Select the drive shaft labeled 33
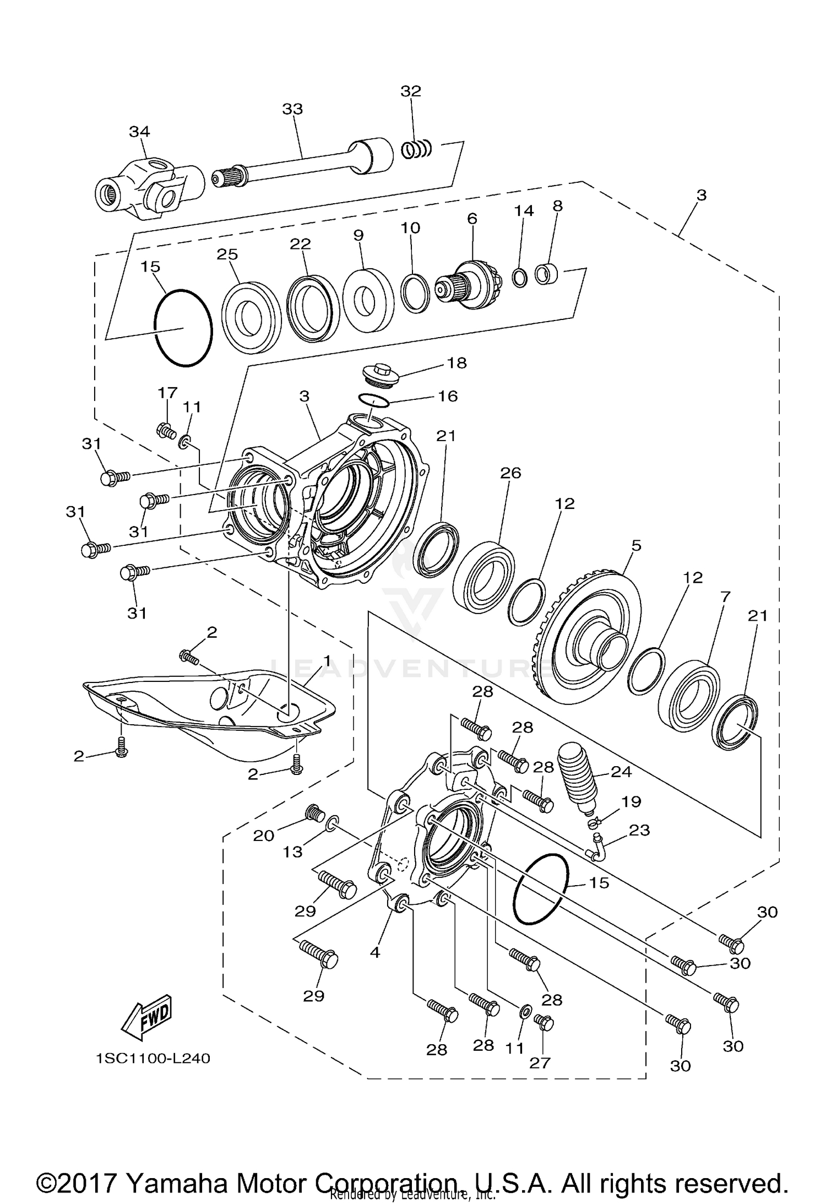[x=297, y=164]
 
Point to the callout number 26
[x=510, y=473]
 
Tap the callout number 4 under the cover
[x=375, y=952]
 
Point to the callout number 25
[x=227, y=254]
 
